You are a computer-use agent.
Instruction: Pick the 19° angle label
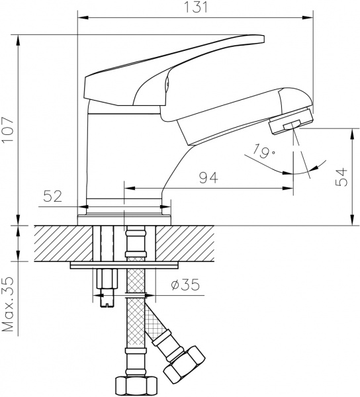click(x=263, y=153)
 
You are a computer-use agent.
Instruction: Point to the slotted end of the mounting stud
click(x=105, y=302)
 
